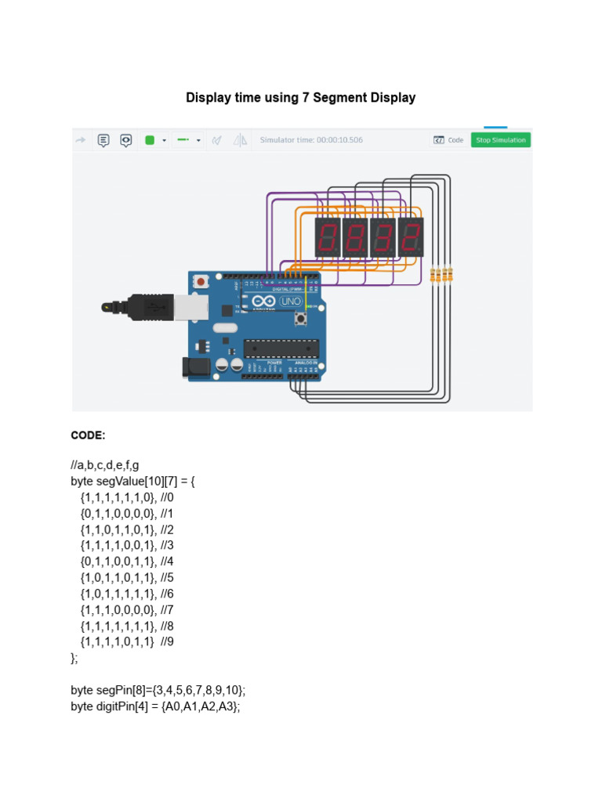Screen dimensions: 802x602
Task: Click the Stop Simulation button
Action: coord(500,140)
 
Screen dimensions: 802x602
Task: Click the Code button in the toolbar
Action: coord(448,140)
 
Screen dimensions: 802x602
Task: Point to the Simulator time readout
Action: coord(311,140)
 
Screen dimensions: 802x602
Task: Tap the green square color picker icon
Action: coord(150,140)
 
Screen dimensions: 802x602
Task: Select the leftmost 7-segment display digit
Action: coord(327,237)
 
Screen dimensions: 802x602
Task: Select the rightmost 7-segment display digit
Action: coord(410,237)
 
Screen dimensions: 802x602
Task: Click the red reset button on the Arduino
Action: coord(201,280)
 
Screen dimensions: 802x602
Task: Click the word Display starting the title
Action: coord(209,98)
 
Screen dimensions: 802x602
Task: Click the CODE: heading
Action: coord(88,435)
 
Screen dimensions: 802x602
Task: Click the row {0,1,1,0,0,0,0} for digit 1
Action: coord(118,514)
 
